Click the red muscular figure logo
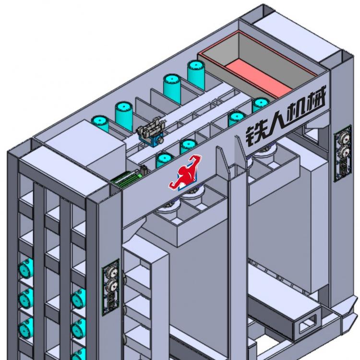pos(185,173)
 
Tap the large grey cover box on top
pos(85,146)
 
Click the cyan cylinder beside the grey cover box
pos(100,123)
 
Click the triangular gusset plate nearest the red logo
pos(222,160)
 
